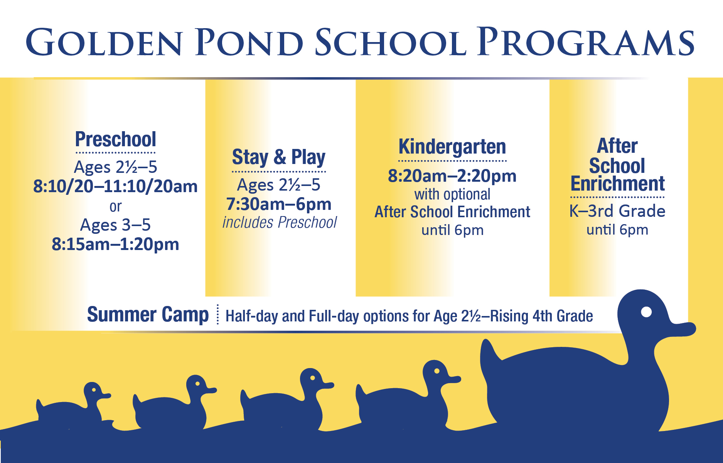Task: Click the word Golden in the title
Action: (104, 42)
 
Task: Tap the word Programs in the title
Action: (586, 42)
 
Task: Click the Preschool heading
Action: (115, 140)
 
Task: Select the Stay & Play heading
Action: (278, 157)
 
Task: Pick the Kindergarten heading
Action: (452, 147)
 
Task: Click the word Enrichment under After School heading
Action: (617, 184)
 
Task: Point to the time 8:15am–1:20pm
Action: (115, 244)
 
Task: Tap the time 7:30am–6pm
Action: (278, 204)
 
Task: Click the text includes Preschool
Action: (280, 223)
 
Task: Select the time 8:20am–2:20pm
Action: (452, 176)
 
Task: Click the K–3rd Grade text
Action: (617, 211)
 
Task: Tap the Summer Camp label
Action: (148, 315)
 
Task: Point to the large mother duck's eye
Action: (646, 312)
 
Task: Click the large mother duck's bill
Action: (683, 329)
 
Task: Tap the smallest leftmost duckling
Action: (73, 407)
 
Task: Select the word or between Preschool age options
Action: (115, 207)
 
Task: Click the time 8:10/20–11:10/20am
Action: (115, 187)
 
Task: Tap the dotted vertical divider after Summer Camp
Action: (218, 314)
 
